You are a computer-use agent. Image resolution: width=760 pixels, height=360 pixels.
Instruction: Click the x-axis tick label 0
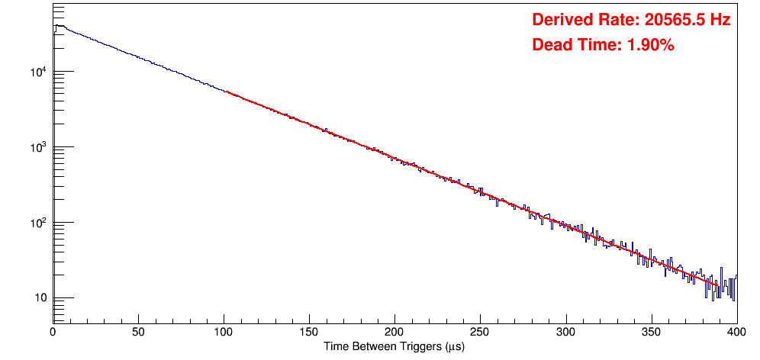coord(53,332)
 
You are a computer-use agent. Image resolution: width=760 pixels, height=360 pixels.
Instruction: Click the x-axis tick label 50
coord(138,332)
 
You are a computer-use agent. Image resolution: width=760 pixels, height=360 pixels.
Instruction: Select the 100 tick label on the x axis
coord(224,332)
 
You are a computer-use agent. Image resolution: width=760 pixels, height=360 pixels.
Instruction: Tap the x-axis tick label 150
coord(309,332)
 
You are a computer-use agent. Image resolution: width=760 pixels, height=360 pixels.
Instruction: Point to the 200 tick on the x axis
coord(394,332)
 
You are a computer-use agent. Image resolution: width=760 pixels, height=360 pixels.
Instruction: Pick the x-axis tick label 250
coord(480,332)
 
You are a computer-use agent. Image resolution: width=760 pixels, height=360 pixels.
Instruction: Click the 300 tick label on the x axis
coord(565,332)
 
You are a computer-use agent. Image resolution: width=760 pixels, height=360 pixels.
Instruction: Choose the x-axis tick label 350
coord(651,332)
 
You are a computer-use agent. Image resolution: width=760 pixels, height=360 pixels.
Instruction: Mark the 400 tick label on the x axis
coord(736,332)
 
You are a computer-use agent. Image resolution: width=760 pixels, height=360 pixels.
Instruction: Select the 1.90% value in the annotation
coord(650,45)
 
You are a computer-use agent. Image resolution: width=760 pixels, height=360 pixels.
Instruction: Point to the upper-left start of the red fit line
coord(227,92)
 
